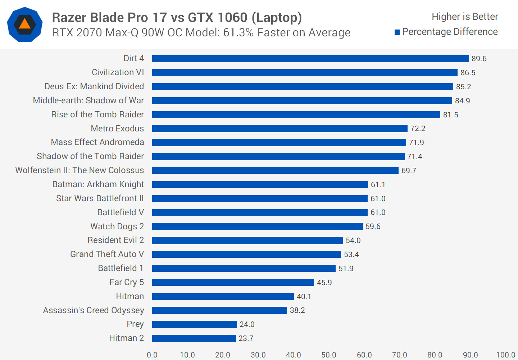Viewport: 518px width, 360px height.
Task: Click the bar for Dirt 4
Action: pyautogui.click(x=310, y=59)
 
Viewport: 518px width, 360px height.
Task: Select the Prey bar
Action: pyautogui.click(x=195, y=324)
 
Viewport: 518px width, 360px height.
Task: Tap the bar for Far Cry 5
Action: pyautogui.click(x=233, y=282)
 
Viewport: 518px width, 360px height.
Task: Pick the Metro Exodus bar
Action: pyautogui.click(x=280, y=129)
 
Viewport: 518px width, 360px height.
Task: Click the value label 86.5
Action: pyautogui.click(x=468, y=73)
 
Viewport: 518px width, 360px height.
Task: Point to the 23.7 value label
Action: pyautogui.click(x=246, y=338)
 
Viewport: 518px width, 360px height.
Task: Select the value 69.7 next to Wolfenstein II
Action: pyautogui.click(x=409, y=171)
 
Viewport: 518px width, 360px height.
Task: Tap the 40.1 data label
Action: pyautogui.click(x=304, y=297)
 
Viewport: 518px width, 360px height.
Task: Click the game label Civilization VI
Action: pyautogui.click(x=118, y=72)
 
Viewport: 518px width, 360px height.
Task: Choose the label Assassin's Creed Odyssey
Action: pyautogui.click(x=94, y=310)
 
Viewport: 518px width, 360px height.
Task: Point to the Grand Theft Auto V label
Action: pyautogui.click(x=107, y=254)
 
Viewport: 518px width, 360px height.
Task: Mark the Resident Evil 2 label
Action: pyautogui.click(x=115, y=240)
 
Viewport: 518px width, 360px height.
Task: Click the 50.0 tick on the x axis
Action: pyautogui.click(x=329, y=355)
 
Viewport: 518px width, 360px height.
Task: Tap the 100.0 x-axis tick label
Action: pyautogui.click(x=505, y=355)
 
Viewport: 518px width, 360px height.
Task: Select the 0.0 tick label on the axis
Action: pyautogui.click(x=152, y=355)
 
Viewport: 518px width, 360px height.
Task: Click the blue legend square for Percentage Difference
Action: pyautogui.click(x=397, y=32)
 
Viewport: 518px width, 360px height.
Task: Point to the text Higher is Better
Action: pyautogui.click(x=465, y=17)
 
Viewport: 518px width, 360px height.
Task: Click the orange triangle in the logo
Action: pyautogui.click(x=24, y=24)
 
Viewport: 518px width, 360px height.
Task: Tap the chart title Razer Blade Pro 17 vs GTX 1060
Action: pyautogui.click(x=177, y=17)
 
